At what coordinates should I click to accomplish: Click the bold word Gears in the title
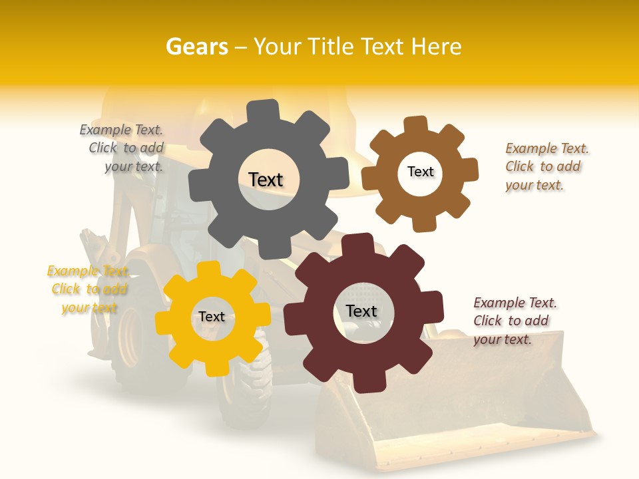[196, 47]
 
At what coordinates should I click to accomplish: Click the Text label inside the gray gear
[266, 180]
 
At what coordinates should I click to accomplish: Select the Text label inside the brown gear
[420, 172]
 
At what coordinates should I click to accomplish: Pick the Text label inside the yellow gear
[212, 317]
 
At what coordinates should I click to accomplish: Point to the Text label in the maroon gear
[361, 311]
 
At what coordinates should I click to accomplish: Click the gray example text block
[123, 148]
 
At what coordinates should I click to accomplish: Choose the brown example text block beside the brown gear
[546, 166]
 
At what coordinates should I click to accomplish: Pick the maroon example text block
[514, 321]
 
